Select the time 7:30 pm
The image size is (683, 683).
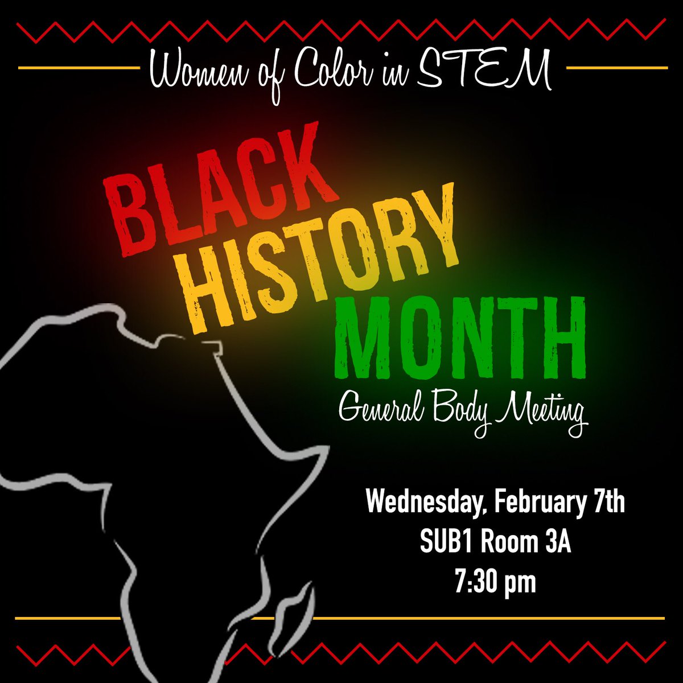click(x=495, y=583)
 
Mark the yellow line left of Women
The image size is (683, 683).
click(x=80, y=68)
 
